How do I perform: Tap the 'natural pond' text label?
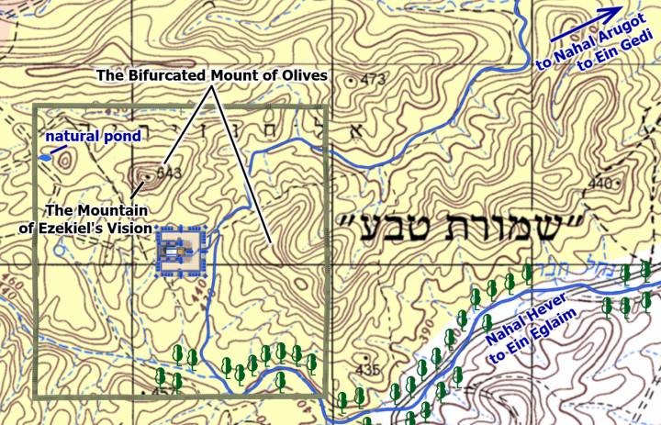click(x=95, y=137)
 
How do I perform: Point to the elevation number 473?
click(x=373, y=81)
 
